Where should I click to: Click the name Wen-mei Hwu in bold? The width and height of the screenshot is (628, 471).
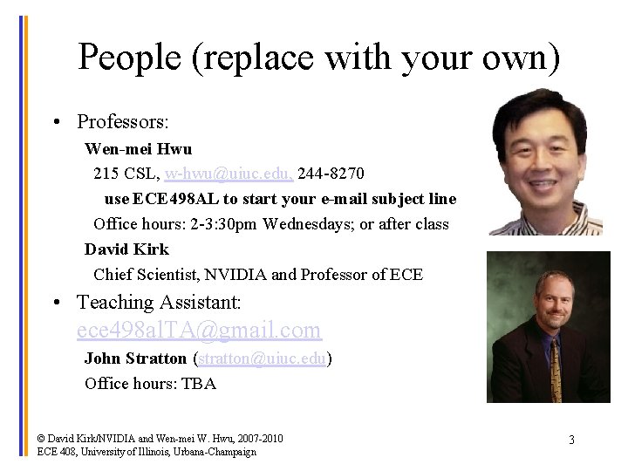(x=138, y=149)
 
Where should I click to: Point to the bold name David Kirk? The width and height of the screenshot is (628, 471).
(x=126, y=249)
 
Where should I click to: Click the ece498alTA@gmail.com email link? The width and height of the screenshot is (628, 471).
(x=199, y=331)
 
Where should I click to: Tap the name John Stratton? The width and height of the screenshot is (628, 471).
(x=135, y=358)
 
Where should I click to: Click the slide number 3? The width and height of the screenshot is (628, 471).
(x=571, y=440)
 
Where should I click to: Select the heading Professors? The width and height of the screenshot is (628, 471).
(x=122, y=121)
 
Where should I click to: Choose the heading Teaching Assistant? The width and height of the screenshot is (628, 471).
(x=159, y=303)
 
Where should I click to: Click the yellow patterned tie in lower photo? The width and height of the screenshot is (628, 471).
(x=556, y=371)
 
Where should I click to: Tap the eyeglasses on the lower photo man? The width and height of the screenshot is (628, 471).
(x=555, y=301)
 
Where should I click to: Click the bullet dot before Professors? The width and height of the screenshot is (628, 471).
(x=56, y=122)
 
